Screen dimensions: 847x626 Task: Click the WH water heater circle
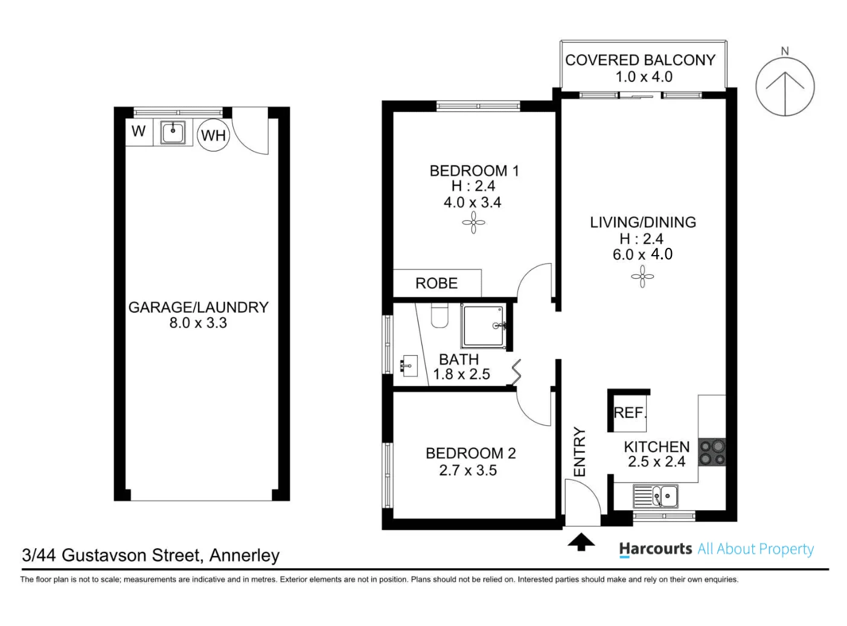coord(213,134)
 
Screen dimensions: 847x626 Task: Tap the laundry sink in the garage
coord(173,132)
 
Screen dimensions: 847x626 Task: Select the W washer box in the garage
coord(139,131)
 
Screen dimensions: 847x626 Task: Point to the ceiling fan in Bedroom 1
coord(473,223)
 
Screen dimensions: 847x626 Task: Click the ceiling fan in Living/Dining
coord(642,277)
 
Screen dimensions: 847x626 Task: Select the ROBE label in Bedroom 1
coord(436,283)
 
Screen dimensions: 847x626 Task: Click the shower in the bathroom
coord(484,326)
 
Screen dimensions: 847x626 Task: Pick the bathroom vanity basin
coord(409,366)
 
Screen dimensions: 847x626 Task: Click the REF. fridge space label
coord(630,413)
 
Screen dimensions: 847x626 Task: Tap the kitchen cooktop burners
coord(712,452)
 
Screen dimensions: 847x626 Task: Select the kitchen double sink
coord(655,496)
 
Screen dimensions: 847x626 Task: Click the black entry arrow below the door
coord(581,542)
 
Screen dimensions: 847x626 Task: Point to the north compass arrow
coord(785,93)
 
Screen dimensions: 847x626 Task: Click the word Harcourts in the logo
coord(655,549)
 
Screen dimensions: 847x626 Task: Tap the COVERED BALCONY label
coord(641,60)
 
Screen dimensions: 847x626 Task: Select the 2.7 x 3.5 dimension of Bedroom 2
coord(468,470)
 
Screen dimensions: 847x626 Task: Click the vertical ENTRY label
coord(580,452)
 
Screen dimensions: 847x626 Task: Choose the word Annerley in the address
coord(245,555)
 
